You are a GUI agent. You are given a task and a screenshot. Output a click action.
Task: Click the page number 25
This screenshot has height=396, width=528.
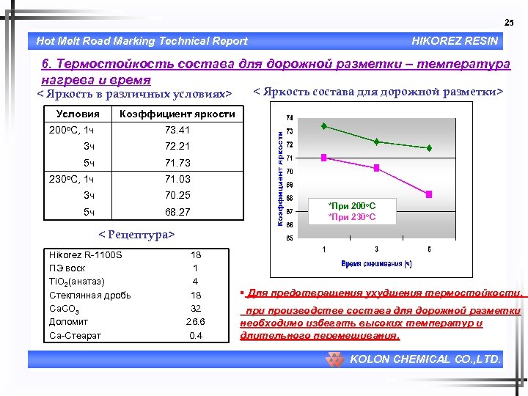509,23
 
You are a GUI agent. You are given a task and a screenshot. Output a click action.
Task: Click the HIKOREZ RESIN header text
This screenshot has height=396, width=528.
455,41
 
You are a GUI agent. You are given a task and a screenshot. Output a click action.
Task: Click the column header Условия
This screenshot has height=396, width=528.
78,114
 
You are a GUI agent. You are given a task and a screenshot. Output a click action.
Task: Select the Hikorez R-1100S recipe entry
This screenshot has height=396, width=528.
85,254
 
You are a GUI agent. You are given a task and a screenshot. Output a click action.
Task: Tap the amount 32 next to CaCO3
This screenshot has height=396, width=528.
196,308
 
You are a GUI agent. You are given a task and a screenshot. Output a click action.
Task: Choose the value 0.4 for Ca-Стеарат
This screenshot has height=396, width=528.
196,335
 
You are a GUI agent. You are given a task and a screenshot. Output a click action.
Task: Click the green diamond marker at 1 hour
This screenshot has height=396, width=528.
324,126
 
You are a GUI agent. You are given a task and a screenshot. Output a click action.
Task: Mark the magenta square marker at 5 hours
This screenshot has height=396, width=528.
430,194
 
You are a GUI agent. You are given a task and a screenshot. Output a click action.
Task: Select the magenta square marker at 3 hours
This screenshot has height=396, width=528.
377,168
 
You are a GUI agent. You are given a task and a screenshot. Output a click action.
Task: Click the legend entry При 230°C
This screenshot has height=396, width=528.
352,217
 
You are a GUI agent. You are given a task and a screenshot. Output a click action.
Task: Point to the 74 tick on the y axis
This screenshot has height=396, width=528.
290,117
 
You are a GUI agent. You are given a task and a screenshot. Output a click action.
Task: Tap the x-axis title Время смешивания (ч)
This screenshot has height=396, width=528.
376,263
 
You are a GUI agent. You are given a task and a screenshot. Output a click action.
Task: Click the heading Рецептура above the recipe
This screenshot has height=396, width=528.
137,235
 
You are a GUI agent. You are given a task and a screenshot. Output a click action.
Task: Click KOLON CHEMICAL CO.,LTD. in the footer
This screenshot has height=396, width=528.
425,359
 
